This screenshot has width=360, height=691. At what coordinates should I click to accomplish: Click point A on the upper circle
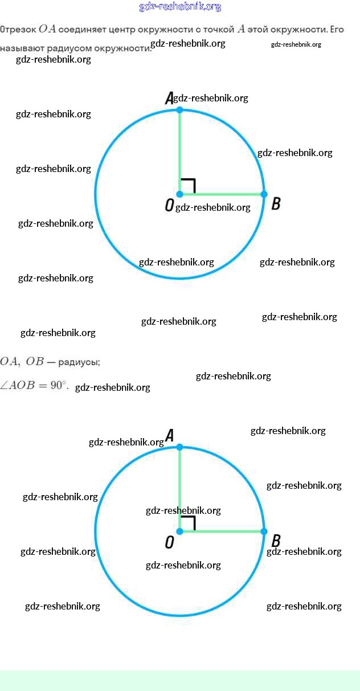179,109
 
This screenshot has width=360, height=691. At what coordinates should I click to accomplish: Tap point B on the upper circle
264,194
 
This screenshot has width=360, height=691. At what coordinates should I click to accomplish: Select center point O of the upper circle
179,194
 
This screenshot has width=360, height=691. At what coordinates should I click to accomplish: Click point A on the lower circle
179,447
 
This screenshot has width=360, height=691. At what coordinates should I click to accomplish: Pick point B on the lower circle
264,531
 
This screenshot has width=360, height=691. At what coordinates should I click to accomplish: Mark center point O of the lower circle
179,531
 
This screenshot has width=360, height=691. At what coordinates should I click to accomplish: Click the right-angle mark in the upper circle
189,186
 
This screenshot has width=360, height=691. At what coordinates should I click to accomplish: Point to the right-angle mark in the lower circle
189,523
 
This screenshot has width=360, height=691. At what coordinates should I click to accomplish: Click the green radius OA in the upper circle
179,148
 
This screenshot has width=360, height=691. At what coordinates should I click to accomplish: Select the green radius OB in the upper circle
222,194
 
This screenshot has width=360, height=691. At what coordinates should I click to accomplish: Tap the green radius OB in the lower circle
222,531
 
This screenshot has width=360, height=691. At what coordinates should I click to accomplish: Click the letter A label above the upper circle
169,99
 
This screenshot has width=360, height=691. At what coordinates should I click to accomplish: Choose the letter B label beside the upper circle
276,203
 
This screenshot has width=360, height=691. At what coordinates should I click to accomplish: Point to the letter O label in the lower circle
169,542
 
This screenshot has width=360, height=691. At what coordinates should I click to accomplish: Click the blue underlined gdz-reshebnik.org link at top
180,7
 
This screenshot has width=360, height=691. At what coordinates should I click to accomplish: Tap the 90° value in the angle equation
59,386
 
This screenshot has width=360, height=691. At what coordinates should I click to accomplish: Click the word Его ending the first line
336,30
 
